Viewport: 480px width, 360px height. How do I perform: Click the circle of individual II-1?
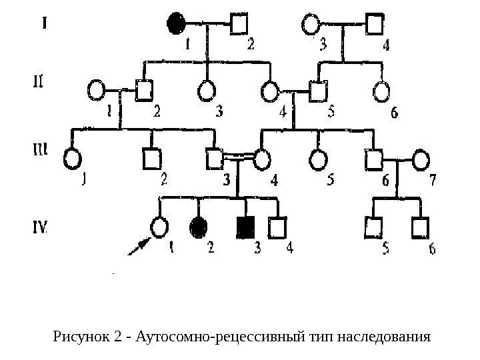tap(97, 89)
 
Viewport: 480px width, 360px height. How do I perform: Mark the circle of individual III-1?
tap(73, 159)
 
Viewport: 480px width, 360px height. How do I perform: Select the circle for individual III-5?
tap(319, 159)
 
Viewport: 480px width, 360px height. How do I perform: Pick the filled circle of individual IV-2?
tap(199, 228)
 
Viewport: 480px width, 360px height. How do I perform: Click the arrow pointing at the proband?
tap(139, 247)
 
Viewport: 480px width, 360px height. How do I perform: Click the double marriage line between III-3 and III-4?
tap(238, 157)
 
